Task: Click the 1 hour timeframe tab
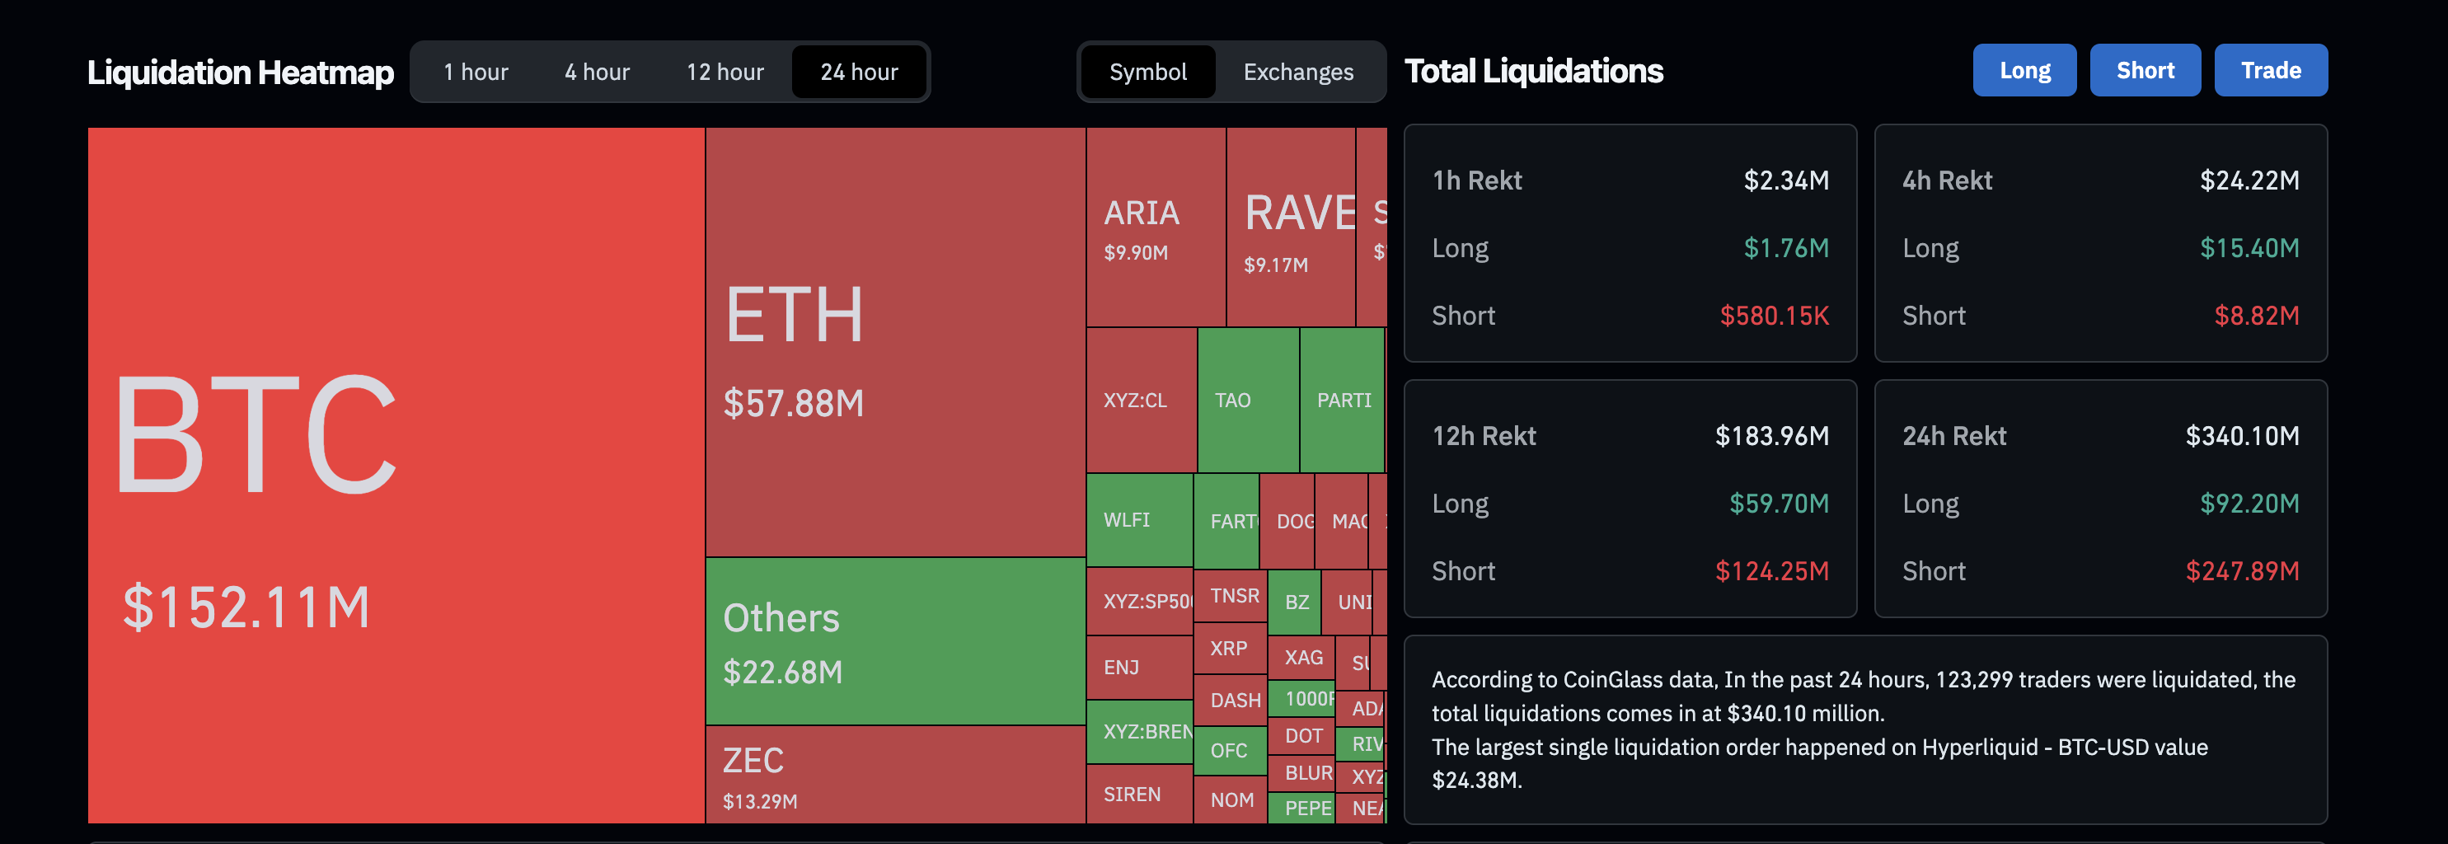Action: tap(475, 73)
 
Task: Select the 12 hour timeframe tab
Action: tap(725, 73)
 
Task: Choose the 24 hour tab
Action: tap(858, 73)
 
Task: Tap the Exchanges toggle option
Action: tap(1297, 73)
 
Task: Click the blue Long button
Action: tap(2024, 70)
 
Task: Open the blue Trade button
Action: tap(2270, 70)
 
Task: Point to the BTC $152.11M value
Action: tap(246, 607)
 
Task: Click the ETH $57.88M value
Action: tap(794, 403)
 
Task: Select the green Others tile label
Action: tap(781, 619)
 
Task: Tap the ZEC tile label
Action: tap(753, 761)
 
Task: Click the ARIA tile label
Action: tap(1142, 213)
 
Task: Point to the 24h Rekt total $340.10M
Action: tap(2242, 436)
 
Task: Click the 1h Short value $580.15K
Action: tap(1773, 316)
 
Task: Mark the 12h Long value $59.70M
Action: tap(1778, 504)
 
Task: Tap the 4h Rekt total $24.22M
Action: tap(2249, 181)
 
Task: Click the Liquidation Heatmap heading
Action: tap(241, 73)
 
